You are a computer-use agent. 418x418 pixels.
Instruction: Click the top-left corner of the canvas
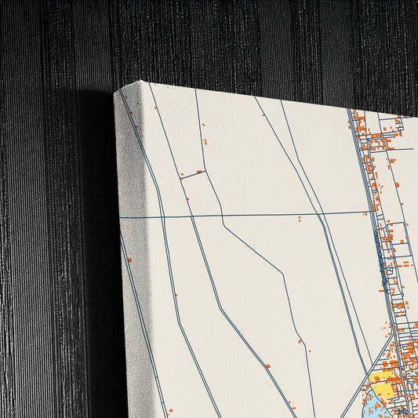click(116, 93)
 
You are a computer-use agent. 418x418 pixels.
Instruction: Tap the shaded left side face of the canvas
click(132, 259)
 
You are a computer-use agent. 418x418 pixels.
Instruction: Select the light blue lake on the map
click(375, 403)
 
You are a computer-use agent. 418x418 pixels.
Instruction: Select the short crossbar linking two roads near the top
click(193, 173)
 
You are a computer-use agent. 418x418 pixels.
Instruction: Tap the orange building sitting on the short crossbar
click(199, 171)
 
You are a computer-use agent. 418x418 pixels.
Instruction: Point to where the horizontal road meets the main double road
click(368, 212)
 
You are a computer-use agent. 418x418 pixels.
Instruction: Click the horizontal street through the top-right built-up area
click(388, 148)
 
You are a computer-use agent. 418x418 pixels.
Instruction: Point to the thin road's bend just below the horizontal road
click(224, 226)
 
